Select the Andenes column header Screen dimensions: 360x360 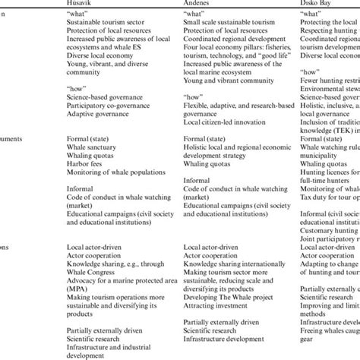(202, 4)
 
